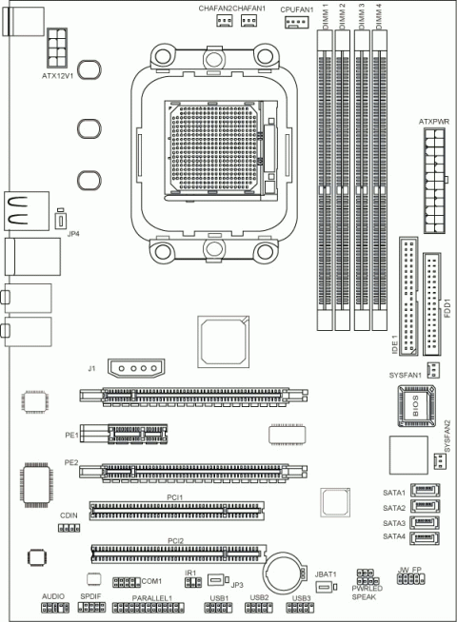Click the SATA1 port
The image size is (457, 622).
tap(424, 493)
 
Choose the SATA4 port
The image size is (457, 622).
tap(424, 538)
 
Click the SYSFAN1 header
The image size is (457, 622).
tap(433, 369)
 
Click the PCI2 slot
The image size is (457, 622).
tap(178, 551)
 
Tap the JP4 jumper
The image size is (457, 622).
tap(59, 218)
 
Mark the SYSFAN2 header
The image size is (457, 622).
tap(440, 461)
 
